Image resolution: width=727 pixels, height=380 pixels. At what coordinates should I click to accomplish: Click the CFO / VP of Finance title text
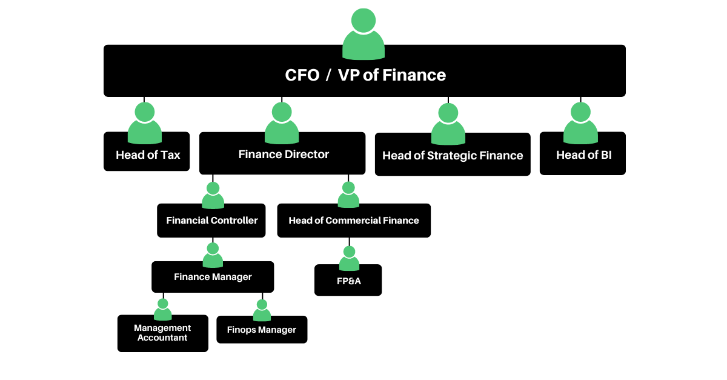coord(365,75)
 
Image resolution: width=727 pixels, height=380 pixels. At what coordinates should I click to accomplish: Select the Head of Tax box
coord(147,155)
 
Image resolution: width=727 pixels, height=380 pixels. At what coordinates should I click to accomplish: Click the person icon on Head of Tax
coord(145,123)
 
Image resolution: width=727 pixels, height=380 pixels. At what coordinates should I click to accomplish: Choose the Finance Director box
coord(282,155)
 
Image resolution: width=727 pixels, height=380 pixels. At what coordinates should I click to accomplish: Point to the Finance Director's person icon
coord(282,123)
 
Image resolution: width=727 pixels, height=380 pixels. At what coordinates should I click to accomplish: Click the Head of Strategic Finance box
coord(453,156)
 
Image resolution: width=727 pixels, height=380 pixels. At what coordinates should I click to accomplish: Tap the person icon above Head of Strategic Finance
coord(448,124)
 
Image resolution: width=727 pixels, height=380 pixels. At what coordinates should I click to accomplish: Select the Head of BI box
coord(583,155)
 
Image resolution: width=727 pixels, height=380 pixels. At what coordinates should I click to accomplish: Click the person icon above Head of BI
coord(580,123)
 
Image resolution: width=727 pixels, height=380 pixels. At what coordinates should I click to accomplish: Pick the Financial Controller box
coord(211,221)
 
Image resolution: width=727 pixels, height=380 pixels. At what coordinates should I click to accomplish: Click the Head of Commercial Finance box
coord(354,221)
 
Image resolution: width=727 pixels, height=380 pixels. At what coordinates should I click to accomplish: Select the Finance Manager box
coord(213,277)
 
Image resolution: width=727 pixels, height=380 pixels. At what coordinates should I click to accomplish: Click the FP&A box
coord(348,281)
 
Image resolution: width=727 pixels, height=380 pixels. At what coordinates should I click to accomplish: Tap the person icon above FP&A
coord(349,259)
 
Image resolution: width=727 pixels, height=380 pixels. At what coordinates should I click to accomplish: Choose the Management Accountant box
coord(162,333)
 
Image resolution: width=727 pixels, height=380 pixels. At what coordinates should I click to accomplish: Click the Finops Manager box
coord(262,330)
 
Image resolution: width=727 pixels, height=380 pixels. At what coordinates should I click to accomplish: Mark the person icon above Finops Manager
coord(262,310)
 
